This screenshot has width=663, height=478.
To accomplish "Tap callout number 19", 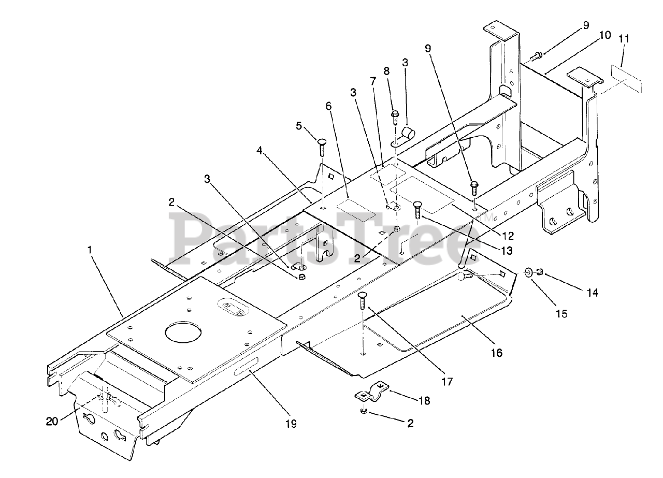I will (291, 424).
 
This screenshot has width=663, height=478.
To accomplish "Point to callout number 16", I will (496, 353).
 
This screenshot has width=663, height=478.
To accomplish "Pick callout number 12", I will (508, 236).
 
